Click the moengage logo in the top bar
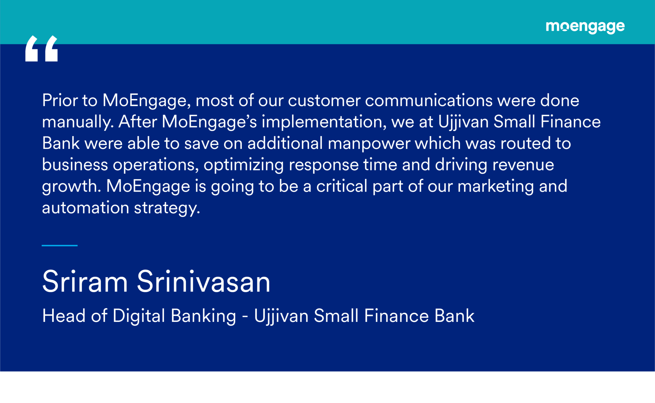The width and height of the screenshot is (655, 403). (585, 27)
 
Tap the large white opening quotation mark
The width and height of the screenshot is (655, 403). (42, 48)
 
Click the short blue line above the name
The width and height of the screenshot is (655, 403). (59, 245)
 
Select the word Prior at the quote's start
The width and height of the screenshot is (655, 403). (60, 100)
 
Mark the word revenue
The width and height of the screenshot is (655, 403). (523, 165)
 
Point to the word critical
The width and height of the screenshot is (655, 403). (342, 186)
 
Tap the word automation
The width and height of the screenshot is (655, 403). (85, 208)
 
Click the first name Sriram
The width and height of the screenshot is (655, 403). (85, 282)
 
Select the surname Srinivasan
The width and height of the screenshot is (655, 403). (204, 282)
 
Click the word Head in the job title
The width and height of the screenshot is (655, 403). (64, 316)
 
